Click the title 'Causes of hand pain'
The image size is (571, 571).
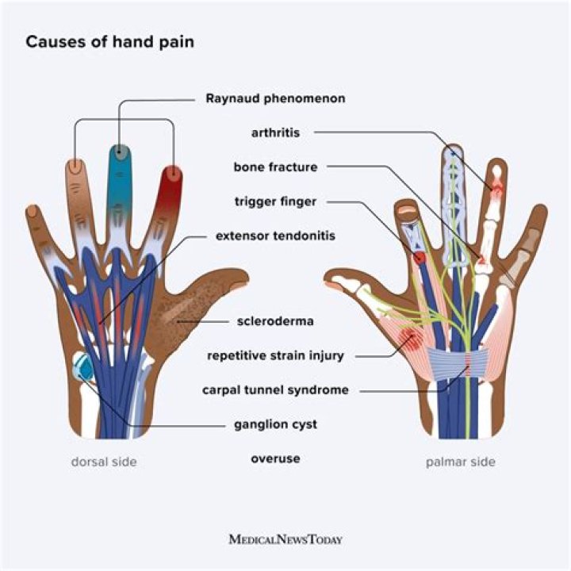click(x=109, y=42)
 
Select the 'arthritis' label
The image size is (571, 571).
click(x=277, y=132)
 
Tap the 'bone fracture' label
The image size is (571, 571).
click(x=275, y=167)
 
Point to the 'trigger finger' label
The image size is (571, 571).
click(x=275, y=201)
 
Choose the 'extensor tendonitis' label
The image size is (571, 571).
click(x=275, y=236)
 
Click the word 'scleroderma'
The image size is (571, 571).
click(x=275, y=321)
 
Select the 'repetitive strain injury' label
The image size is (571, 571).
click(x=275, y=355)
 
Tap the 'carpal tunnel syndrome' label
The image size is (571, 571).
click(x=275, y=389)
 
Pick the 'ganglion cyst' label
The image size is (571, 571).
click(x=275, y=424)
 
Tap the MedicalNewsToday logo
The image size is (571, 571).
click(x=285, y=539)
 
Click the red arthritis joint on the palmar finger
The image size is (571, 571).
click(x=496, y=189)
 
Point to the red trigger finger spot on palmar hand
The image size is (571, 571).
click(x=420, y=258)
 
